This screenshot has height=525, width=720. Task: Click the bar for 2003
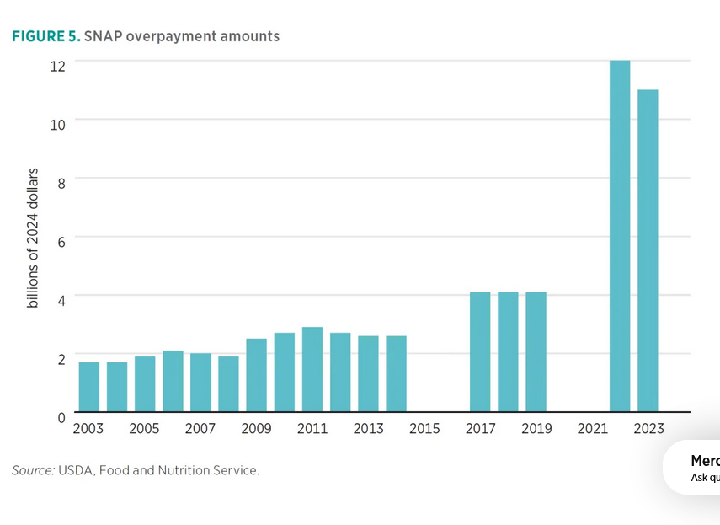tap(89, 387)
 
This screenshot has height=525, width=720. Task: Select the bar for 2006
tap(173, 381)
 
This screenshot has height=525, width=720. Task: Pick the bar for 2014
tap(396, 374)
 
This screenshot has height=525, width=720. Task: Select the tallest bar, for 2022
tap(620, 236)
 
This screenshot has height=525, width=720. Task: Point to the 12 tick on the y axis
tap(57, 65)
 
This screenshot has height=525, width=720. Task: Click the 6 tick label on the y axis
tap(61, 240)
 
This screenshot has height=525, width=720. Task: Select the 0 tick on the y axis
tap(61, 416)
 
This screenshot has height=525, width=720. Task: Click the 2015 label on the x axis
tap(424, 429)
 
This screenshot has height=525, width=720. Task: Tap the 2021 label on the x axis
tap(592, 429)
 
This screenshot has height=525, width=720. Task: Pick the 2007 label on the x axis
tap(200, 429)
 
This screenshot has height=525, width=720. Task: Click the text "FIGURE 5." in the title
tap(45, 36)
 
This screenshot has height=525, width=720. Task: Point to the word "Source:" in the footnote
tap(33, 470)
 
